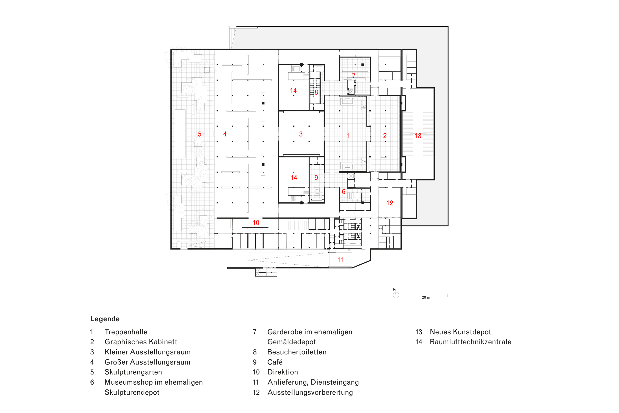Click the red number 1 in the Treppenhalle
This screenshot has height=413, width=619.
click(348, 136)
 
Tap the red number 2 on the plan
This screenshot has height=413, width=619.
click(385, 136)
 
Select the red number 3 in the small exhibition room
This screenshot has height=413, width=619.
click(301, 134)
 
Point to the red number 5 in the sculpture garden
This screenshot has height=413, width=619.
click(199, 134)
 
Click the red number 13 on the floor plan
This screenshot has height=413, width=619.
click(418, 136)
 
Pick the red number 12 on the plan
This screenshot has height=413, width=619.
click(390, 203)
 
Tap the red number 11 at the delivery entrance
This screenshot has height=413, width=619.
click(341, 260)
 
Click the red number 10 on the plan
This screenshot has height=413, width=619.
click(256, 223)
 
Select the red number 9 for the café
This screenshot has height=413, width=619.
click(316, 177)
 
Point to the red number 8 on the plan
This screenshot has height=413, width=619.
click(316, 92)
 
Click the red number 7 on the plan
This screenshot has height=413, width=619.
click(354, 76)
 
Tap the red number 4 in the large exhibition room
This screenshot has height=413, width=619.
click(225, 134)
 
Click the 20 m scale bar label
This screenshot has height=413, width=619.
click(426, 297)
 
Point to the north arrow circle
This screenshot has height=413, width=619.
click(396, 295)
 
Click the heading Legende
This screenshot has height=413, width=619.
click(105, 319)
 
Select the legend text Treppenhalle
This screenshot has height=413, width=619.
click(126, 332)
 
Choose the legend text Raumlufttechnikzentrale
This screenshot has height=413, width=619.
click(470, 342)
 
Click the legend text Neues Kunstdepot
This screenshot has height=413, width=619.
click(460, 332)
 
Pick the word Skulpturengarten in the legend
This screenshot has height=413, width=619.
click(133, 372)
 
